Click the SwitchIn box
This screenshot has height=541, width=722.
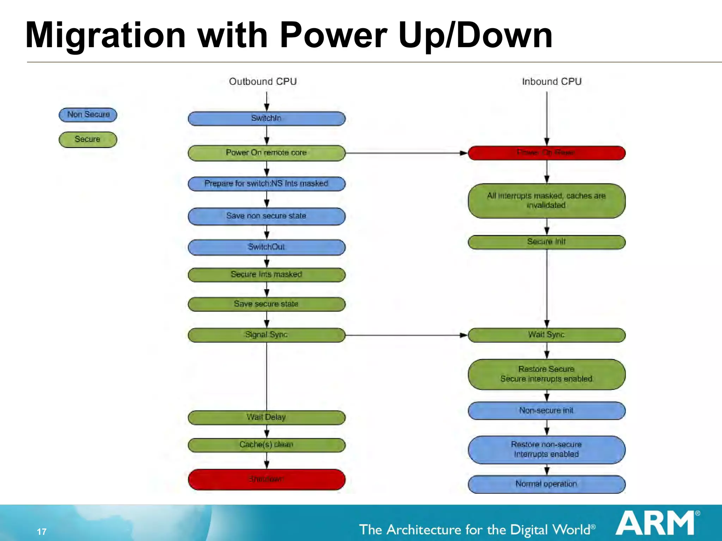[x=267, y=119]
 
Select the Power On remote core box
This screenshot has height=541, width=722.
[x=267, y=153]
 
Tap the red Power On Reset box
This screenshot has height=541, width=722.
[x=546, y=153]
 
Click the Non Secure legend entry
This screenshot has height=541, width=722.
[x=88, y=115]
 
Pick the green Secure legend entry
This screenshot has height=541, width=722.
[x=88, y=139]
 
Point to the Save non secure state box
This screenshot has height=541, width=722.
[x=267, y=216]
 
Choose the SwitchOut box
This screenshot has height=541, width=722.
[x=267, y=247]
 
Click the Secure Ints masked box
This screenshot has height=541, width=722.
[x=267, y=275]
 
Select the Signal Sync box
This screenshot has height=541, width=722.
[x=267, y=335]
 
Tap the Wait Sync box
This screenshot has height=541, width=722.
[x=546, y=335]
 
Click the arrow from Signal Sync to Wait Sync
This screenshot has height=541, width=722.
[x=405, y=335]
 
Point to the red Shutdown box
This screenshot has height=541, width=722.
[x=267, y=479]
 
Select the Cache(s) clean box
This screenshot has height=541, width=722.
[x=267, y=445]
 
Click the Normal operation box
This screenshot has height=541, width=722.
[x=546, y=484]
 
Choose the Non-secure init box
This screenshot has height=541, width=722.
[x=546, y=411]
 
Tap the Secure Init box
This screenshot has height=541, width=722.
[x=546, y=242]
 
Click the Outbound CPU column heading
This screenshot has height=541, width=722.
[x=263, y=82]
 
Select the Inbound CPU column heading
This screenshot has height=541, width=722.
[x=552, y=82]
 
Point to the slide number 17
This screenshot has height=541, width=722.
[x=42, y=531]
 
